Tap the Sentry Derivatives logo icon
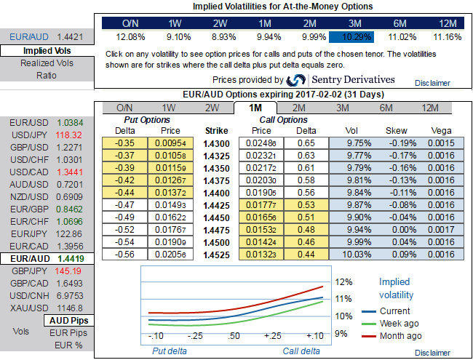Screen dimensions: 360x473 click(296, 80)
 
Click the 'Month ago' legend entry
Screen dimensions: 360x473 click(401, 335)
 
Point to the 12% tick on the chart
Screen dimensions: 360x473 click(343, 281)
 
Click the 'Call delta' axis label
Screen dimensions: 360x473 click(301, 351)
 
